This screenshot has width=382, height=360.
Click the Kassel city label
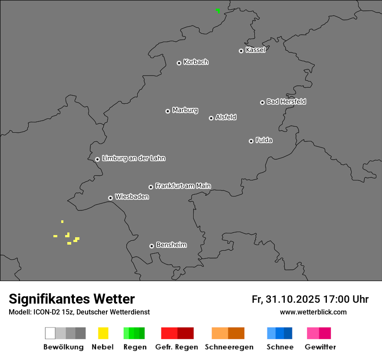pyautogui.click(x=255, y=50)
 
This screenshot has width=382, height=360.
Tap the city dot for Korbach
pyautogui.click(x=179, y=63)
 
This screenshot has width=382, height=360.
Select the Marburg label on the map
pyautogui.click(x=185, y=110)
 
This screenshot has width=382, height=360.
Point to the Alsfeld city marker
pyautogui.click(x=211, y=118)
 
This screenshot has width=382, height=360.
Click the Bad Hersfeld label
pyautogui.click(x=286, y=101)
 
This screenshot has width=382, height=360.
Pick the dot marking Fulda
pyautogui.click(x=251, y=141)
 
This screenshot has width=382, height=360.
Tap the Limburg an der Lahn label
pyautogui.click(x=133, y=158)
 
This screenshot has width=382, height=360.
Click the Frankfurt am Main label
pyautogui.click(x=183, y=186)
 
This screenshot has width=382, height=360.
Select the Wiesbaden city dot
pyautogui.click(x=110, y=198)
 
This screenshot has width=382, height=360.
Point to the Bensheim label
pyautogui.click(x=171, y=245)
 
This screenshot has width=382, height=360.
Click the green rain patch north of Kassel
pyautogui.click(x=217, y=10)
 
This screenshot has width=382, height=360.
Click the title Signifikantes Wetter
pyautogui.click(x=72, y=299)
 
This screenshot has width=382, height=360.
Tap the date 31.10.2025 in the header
pyautogui.click(x=292, y=299)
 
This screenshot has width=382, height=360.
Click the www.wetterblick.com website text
pyautogui.click(x=313, y=312)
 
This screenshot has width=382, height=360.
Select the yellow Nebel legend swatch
pyautogui.click(x=103, y=333)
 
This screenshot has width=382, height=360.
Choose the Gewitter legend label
pyautogui.click(x=320, y=347)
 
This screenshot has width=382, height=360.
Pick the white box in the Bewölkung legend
pyautogui.click(x=50, y=333)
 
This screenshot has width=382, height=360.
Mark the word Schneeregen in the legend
pyautogui.click(x=229, y=347)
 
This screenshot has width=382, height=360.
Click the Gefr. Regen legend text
pyautogui.click(x=176, y=347)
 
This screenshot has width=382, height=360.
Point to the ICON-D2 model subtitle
pyautogui.click(x=79, y=312)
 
